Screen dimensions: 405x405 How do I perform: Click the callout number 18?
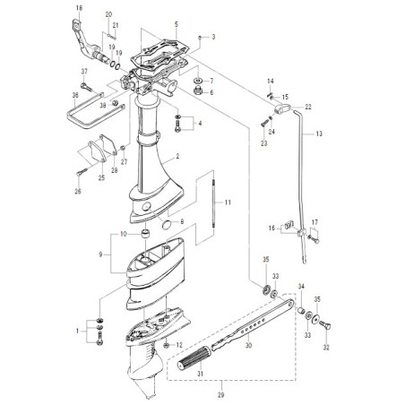click(79, 8)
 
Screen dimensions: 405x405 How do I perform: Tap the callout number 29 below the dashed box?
click(220, 395)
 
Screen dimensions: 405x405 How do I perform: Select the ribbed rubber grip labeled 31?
click(194, 358)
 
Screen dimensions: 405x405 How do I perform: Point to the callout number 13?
click(319, 134)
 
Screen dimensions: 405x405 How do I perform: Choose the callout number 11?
click(228, 202)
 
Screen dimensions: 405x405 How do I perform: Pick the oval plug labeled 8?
click(168, 225)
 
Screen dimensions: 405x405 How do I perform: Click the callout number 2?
click(177, 156)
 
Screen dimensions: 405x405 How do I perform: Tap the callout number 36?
click(75, 95)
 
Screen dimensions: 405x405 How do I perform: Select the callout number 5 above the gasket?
click(177, 24)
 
